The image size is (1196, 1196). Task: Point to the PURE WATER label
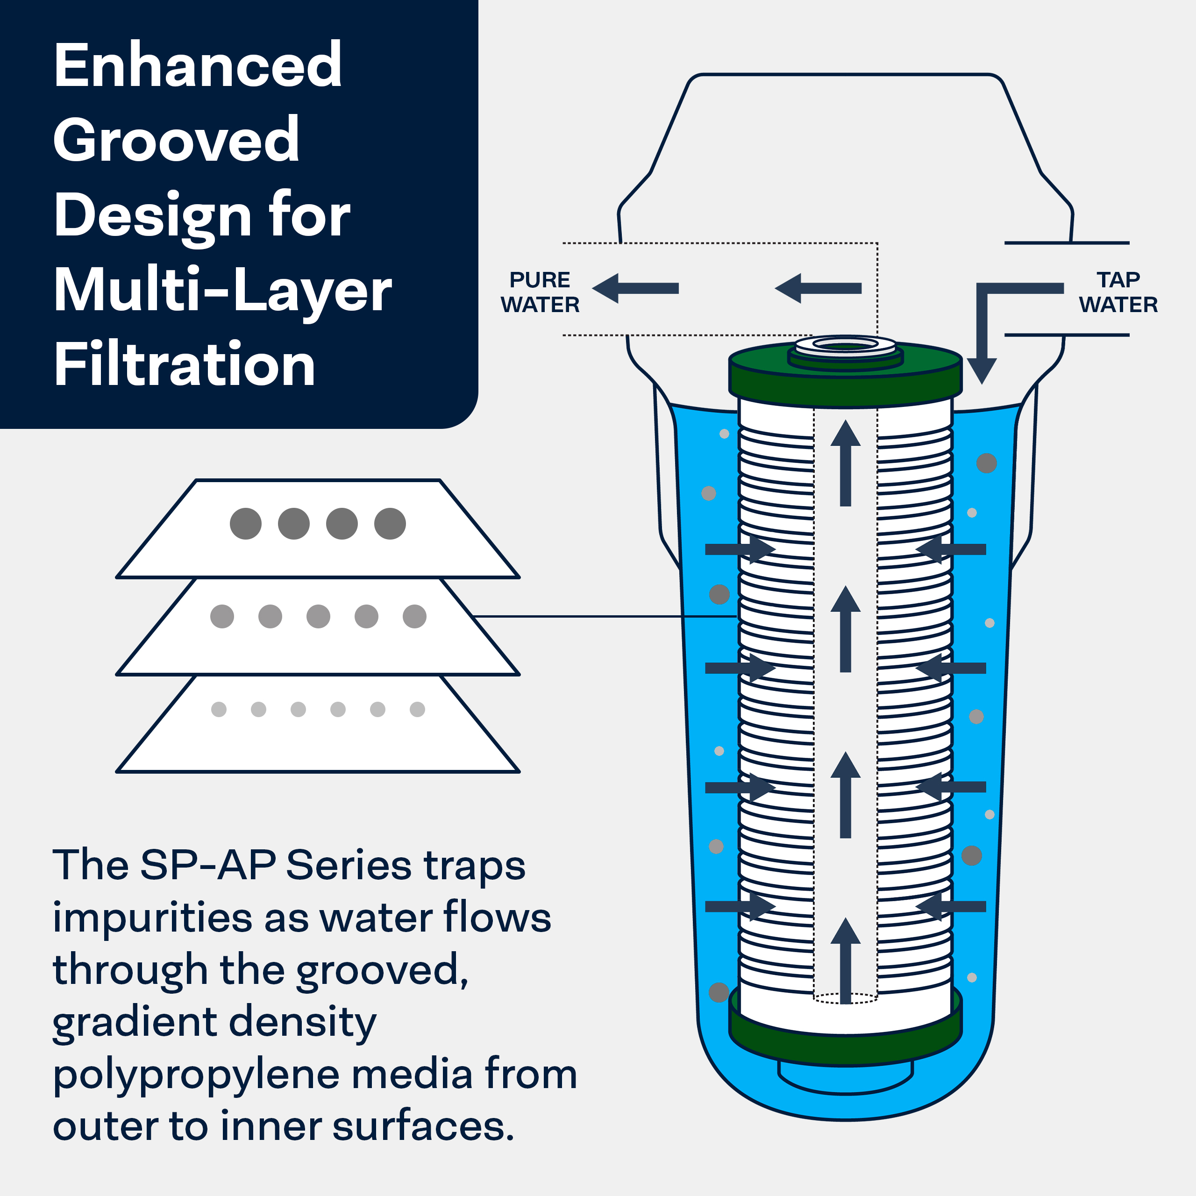tap(540, 292)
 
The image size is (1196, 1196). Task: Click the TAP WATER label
tap(1118, 292)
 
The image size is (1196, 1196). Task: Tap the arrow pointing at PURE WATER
tap(636, 288)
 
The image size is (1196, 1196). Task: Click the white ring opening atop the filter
tap(846, 344)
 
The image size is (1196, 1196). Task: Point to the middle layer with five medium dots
tap(318, 638)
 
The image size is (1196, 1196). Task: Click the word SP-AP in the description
tap(208, 865)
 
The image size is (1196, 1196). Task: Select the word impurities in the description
tap(152, 918)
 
